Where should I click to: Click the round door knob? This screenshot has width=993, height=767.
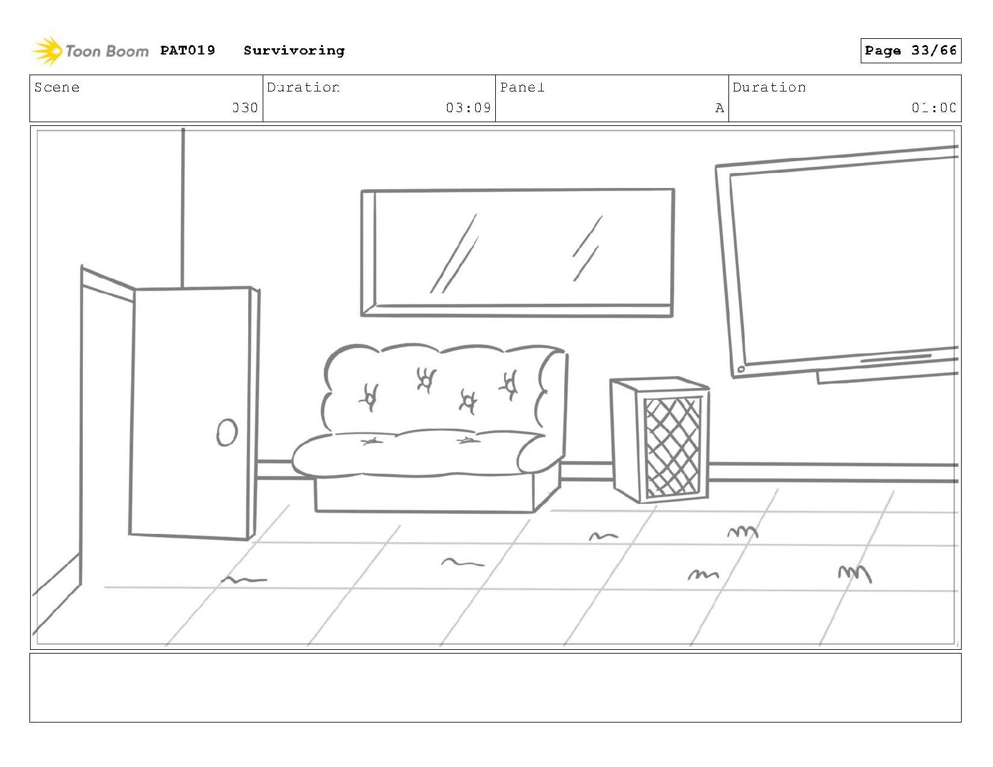pyautogui.click(x=227, y=432)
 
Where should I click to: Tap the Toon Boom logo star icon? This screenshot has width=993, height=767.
pyautogui.click(x=47, y=51)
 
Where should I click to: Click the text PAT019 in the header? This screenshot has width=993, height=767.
pyautogui.click(x=187, y=50)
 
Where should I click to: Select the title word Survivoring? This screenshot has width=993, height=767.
pyautogui.click(x=294, y=51)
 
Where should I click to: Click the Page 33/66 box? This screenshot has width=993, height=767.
pyautogui.click(x=910, y=51)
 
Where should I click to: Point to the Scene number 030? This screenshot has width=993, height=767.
pyautogui.click(x=245, y=108)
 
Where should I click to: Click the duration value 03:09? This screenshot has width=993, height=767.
pyautogui.click(x=468, y=108)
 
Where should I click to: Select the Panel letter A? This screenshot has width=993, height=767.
pyautogui.click(x=719, y=108)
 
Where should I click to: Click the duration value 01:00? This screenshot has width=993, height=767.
pyautogui.click(x=933, y=108)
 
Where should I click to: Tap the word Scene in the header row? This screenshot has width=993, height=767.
pyautogui.click(x=57, y=87)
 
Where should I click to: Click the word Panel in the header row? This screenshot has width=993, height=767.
pyautogui.click(x=522, y=87)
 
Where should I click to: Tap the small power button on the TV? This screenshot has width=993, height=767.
pyautogui.click(x=741, y=369)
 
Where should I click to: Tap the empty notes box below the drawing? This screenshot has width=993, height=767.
pyautogui.click(x=495, y=687)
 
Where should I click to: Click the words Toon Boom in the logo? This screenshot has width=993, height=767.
pyautogui.click(x=107, y=51)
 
